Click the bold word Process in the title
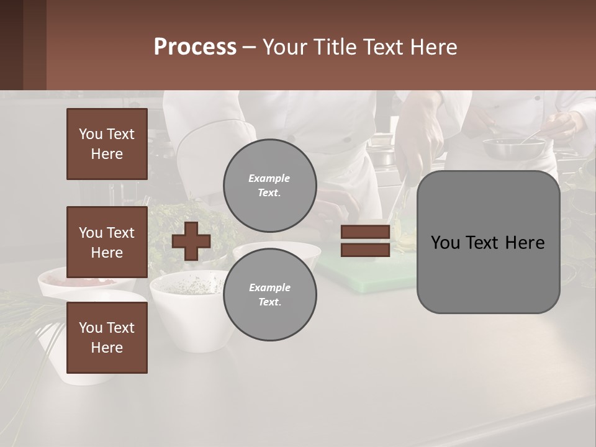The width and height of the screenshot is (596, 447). pos(195,47)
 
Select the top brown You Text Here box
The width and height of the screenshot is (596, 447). pos(107,144)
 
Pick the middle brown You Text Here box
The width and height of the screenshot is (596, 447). pos(107,242)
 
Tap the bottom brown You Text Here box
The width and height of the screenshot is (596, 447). pos(107,338)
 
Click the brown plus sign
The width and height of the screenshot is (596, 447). pos(191,240)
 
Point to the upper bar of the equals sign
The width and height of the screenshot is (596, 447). pos(365,232)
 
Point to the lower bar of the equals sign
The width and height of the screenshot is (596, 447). pos(365,250)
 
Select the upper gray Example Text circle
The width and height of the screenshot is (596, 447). pos(269,186)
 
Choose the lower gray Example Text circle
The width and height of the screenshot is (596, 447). pos(269,295)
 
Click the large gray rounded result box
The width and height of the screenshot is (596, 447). pos(488,242)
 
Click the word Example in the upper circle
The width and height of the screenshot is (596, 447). pos(269,178)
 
